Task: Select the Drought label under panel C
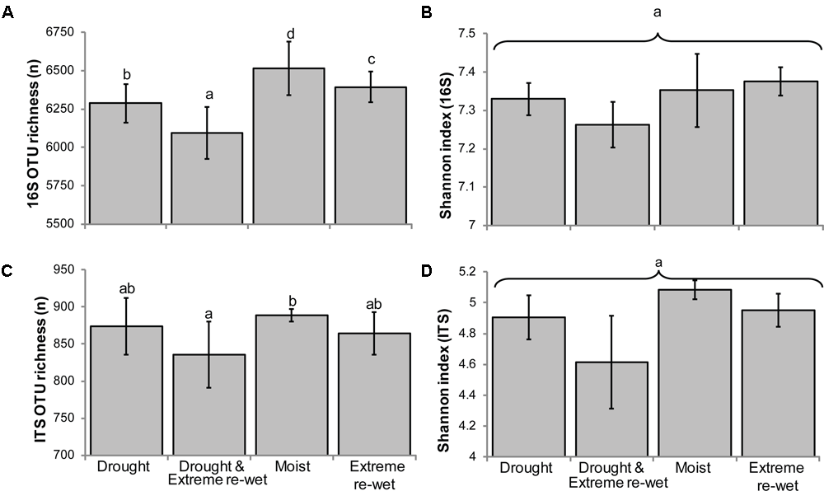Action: click(124, 468)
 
